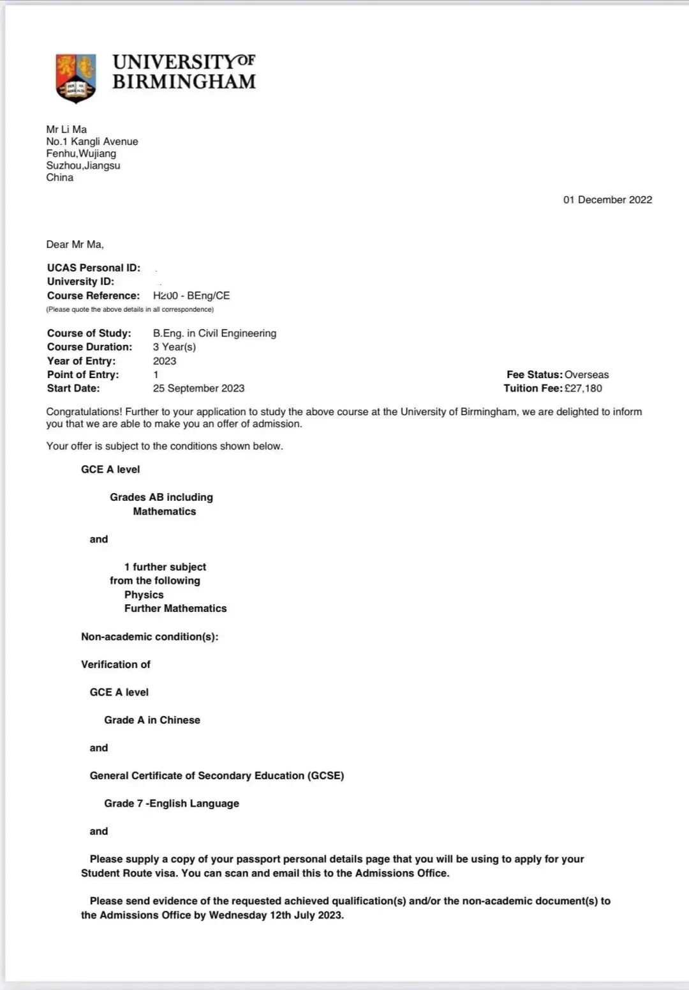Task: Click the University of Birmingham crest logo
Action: point(76,78)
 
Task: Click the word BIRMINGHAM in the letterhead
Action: point(184,82)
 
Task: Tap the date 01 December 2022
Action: point(607,200)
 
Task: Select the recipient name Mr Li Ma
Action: point(66,129)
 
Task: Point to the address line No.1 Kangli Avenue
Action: point(92,141)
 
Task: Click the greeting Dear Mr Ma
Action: point(75,244)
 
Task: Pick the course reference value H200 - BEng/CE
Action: point(191,296)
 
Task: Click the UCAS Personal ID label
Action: point(94,268)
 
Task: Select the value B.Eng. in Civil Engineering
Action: point(214,333)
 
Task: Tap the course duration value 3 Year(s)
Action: point(174,347)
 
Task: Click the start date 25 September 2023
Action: point(198,388)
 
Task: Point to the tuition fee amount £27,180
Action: point(583,388)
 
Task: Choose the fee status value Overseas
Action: point(587,374)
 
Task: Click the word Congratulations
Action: point(84,412)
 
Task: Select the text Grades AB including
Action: point(161,497)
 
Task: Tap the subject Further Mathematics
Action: point(175,608)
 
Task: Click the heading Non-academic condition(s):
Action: point(149,636)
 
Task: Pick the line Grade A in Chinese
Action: point(152,720)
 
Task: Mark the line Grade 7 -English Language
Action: point(172,803)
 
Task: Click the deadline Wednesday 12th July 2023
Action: point(276,915)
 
